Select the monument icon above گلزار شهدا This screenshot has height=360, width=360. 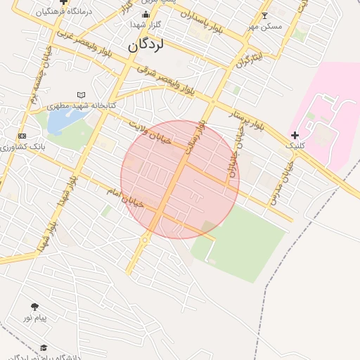(x=146, y=14)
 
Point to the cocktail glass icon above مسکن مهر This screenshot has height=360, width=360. (x=264, y=15)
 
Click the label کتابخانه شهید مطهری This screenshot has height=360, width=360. (x=82, y=105)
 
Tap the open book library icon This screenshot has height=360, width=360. (x=82, y=95)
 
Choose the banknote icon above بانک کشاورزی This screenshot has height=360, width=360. (x=22, y=136)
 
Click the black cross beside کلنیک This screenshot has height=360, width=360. (x=295, y=135)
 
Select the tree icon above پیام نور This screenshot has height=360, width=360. (x=34, y=307)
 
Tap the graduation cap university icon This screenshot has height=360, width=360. (x=44, y=347)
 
